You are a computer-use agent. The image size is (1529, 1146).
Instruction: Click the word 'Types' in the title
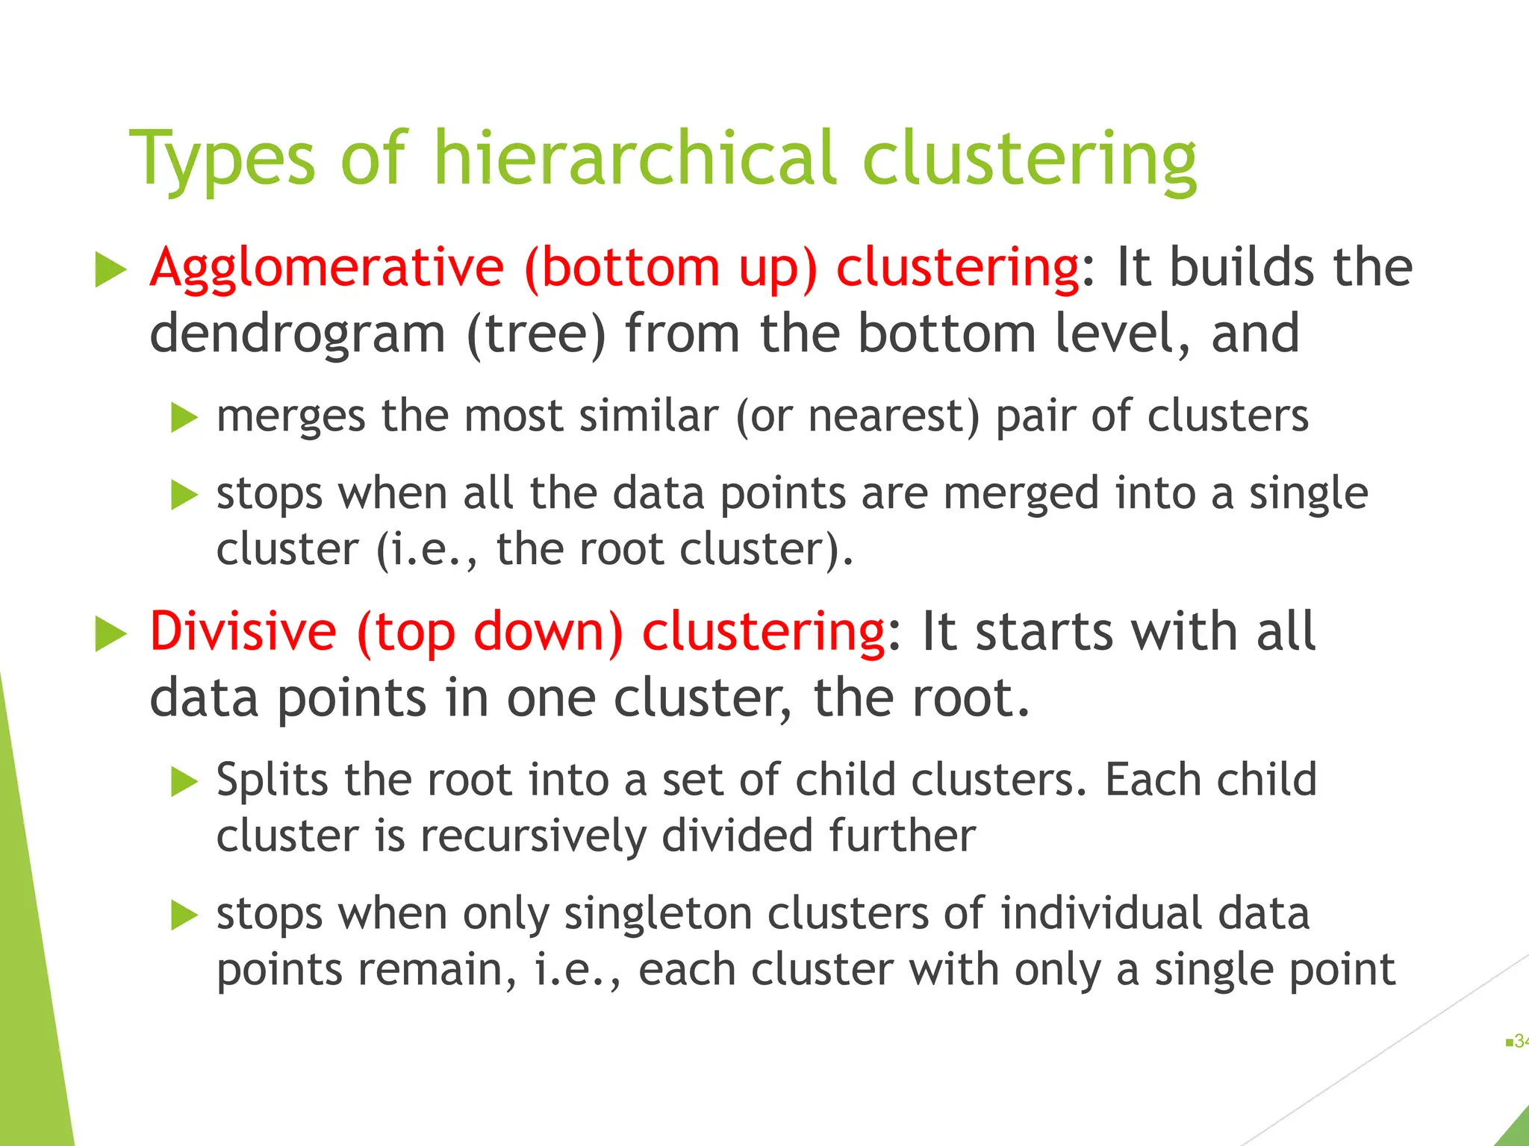tap(222, 159)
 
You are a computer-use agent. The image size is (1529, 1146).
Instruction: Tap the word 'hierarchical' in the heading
tap(634, 157)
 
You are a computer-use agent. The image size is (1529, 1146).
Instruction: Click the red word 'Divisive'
tap(243, 631)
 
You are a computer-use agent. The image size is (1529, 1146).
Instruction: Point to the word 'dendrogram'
tap(297, 334)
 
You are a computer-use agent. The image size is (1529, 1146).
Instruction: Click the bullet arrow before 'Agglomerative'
tap(111, 269)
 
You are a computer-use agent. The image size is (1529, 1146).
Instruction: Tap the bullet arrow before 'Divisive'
tap(111, 634)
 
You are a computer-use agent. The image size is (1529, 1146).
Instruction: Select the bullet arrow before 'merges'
tap(184, 418)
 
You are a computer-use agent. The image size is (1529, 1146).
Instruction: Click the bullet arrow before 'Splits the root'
tap(184, 782)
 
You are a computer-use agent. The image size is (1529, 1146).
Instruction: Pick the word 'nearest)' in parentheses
tap(893, 416)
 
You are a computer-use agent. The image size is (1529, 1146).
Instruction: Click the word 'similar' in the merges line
tap(648, 416)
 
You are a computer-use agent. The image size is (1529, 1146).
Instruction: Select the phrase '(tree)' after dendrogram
tap(535, 334)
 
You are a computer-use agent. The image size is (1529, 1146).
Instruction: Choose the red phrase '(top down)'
tap(490, 631)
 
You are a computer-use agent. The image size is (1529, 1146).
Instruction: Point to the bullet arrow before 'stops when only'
tap(184, 915)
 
